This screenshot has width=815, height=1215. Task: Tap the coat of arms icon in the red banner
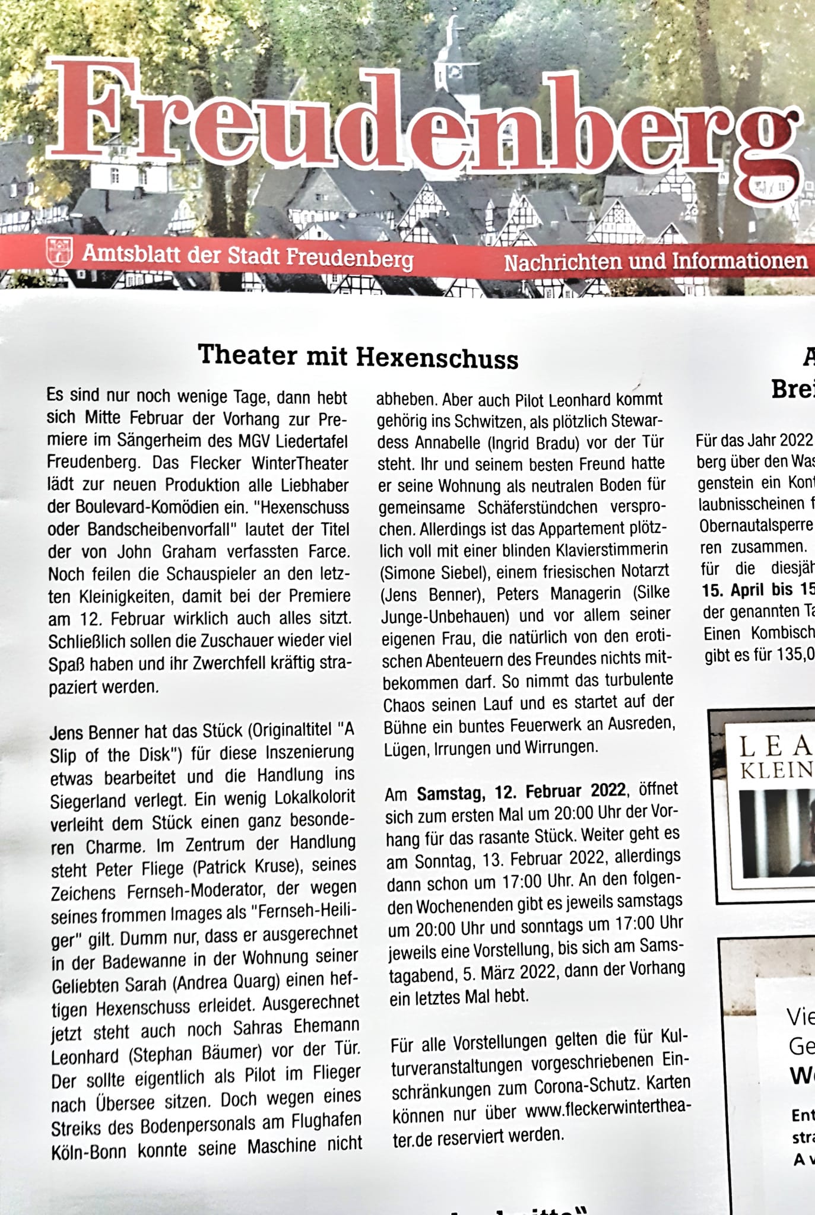point(59,251)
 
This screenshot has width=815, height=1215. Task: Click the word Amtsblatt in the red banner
point(131,255)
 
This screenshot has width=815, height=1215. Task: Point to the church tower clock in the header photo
point(455,71)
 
